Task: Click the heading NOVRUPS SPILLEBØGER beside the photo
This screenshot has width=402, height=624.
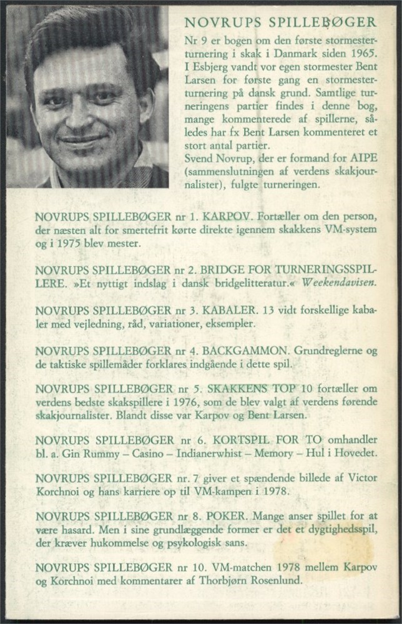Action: (x=280, y=23)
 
